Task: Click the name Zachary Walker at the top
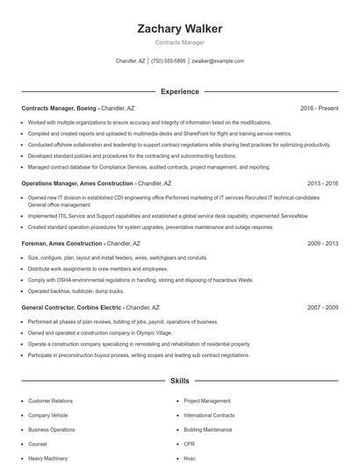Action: tap(180, 29)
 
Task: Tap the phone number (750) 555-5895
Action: tap(169, 61)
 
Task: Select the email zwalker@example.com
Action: tap(218, 61)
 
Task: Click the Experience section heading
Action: tap(180, 91)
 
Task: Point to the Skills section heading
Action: tap(180, 382)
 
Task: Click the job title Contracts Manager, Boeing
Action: tap(60, 108)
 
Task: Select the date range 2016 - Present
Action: tap(319, 108)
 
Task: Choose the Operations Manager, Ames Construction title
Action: tap(78, 184)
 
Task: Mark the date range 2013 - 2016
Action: tap(322, 184)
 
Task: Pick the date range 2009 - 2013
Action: tap(322, 243)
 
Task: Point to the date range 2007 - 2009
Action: tap(322, 308)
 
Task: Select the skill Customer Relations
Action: tap(50, 401)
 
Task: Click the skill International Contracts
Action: tap(209, 416)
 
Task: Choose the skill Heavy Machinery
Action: tap(47, 458)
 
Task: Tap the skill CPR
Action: tap(189, 444)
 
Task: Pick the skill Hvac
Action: tap(190, 458)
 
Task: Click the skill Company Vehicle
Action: tap(47, 416)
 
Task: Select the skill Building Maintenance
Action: tap(207, 430)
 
